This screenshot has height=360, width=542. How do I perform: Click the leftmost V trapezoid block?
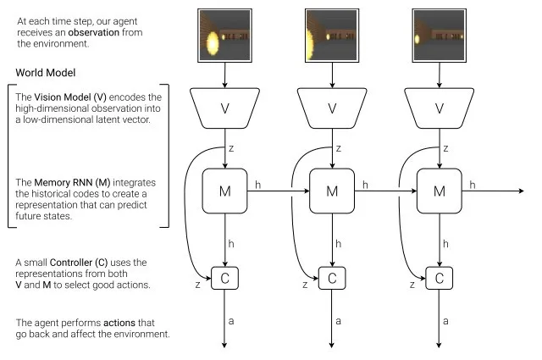pos(224,108)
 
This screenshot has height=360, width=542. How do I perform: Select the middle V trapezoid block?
pos(332,108)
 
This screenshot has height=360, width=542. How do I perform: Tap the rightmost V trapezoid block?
pos(440,108)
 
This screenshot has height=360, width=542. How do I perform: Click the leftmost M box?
pos(224,191)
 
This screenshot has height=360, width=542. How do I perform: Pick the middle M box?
pos(332,191)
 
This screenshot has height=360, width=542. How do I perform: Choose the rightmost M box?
pos(440,191)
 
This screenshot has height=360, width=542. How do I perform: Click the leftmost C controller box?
pos(224,278)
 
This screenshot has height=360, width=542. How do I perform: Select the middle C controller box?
pos(332,278)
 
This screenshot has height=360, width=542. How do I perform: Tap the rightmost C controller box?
pos(440,278)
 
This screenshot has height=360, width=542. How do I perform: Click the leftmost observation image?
pos(224,36)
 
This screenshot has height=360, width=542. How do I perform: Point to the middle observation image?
pos(332,36)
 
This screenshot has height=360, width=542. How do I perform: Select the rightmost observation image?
pos(440,36)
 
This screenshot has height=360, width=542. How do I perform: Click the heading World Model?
pos(45,73)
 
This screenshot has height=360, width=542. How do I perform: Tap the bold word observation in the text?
pos(94,32)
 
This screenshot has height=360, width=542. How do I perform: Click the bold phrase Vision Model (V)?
pos(70,97)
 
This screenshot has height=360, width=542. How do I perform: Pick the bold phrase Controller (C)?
pos(79,263)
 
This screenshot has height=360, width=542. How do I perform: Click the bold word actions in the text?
pos(119,323)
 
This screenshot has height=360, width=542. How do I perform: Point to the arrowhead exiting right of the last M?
pos(522,191)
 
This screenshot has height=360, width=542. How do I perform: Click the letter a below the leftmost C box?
pos(231,321)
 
